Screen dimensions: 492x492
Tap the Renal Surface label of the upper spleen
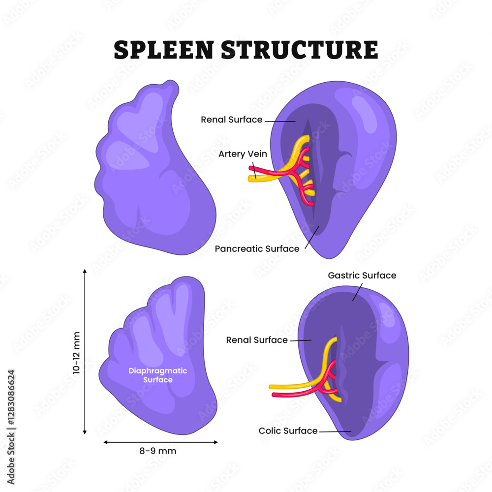coord(231,120)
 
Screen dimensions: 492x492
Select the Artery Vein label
coord(243,154)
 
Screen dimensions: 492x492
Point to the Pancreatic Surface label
coord(257,249)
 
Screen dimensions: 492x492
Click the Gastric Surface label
coord(362,276)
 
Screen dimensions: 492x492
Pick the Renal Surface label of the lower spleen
coord(257,340)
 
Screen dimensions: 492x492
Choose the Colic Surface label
coord(288,431)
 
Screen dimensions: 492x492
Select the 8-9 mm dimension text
coord(160,451)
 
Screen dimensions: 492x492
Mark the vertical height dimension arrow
coord(85,351)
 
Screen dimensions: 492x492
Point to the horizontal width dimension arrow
coord(160,442)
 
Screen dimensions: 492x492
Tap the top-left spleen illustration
coord(153,172)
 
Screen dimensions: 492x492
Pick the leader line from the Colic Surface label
coord(335,431)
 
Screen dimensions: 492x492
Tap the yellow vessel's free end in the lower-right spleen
coord(271,387)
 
